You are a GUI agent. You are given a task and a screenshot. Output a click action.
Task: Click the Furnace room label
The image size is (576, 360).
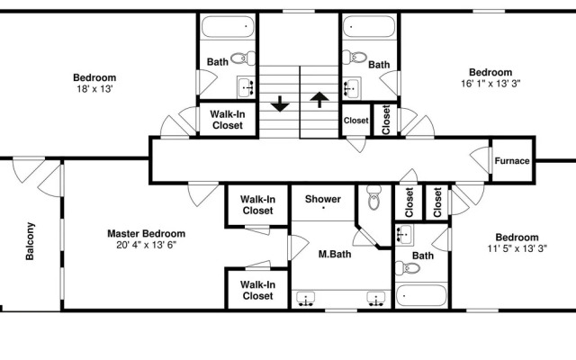click(x=512, y=161)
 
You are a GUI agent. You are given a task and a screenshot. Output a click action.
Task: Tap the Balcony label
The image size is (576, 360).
click(x=30, y=241)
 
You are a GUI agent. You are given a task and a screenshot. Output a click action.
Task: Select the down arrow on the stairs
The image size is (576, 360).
click(x=280, y=103)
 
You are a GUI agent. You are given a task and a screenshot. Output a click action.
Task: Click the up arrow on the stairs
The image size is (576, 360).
click(x=319, y=99)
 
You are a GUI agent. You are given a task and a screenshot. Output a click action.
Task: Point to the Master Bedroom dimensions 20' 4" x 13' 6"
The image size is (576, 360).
click(x=146, y=245)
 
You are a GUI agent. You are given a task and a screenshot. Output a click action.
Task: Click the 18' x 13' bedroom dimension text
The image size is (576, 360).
click(x=94, y=89)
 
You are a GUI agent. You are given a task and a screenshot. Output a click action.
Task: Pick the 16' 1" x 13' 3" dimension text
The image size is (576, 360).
click(x=490, y=84)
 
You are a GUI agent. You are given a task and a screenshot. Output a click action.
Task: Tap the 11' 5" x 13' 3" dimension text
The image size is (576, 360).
click(x=517, y=248)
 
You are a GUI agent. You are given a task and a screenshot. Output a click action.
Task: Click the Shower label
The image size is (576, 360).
click(x=323, y=199)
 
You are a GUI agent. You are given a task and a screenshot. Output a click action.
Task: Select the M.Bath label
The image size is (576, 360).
click(x=335, y=254)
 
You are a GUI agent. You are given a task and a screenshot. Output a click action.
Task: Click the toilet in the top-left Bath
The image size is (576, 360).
click(x=243, y=58)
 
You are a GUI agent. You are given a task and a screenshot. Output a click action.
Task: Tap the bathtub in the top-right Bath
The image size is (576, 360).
click(x=369, y=26)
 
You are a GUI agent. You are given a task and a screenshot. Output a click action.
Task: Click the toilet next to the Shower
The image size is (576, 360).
click(x=374, y=197)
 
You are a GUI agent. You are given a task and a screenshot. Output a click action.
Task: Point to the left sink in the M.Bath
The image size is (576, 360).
click(x=306, y=299)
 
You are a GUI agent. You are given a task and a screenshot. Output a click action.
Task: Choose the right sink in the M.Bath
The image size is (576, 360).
click(x=376, y=299)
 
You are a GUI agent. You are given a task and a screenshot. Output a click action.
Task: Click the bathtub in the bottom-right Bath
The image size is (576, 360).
click(x=421, y=295)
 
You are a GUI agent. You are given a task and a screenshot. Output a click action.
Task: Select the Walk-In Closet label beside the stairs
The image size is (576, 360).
click(x=228, y=120)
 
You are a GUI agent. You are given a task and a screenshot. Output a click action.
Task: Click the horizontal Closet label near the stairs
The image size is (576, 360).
click(x=356, y=121)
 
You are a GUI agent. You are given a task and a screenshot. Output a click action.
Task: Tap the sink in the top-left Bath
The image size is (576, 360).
click(x=246, y=87)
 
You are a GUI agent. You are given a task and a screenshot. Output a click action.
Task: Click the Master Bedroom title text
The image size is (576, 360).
click(x=146, y=234)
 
